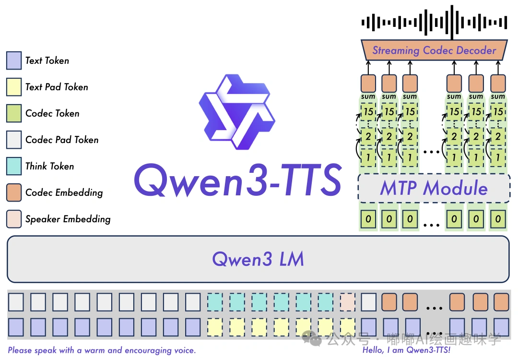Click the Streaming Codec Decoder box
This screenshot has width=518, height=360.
pyautogui.click(x=434, y=50)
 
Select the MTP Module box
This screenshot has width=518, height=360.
pyautogui.click(x=434, y=188)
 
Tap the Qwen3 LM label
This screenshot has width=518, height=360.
pyautogui.click(x=258, y=259)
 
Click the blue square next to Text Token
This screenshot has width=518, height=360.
pyautogui.click(x=14, y=60)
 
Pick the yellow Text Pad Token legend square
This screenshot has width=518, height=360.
pyautogui.click(x=14, y=87)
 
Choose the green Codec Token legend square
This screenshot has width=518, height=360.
pyautogui.click(x=14, y=113)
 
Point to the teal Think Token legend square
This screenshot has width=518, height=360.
pyautogui.click(x=14, y=166)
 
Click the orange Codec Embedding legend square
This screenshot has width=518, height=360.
pyautogui.click(x=14, y=192)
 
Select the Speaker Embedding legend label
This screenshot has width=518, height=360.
pyautogui.click(x=68, y=219)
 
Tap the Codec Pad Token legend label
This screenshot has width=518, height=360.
pyautogui.click(x=62, y=140)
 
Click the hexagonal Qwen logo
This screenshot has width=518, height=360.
pyautogui.click(x=237, y=113)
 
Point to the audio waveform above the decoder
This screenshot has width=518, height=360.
pyautogui.click(x=434, y=22)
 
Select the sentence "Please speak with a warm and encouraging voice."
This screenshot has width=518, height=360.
pyautogui.click(x=102, y=350)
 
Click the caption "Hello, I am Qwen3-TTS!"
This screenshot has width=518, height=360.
pyautogui.click(x=407, y=350)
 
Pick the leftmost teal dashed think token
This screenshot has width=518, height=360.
pyautogui.click(x=215, y=302)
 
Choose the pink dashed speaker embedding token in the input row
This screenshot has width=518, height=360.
pyautogui.click(x=347, y=302)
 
